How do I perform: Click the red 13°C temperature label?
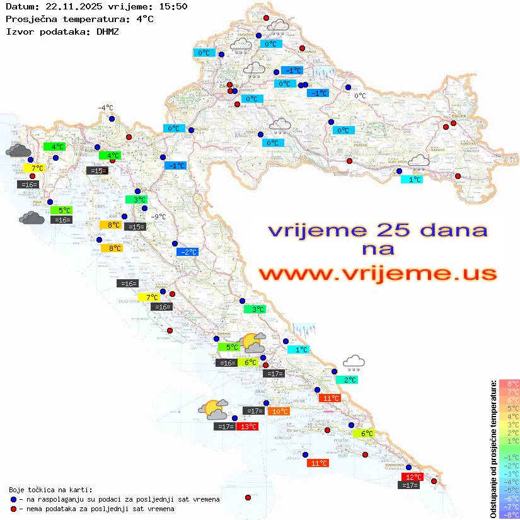(x=248, y=427)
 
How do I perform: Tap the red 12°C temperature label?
(x=413, y=477)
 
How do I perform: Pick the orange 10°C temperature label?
(x=279, y=412)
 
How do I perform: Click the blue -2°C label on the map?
(x=188, y=252)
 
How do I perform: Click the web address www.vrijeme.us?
(x=378, y=274)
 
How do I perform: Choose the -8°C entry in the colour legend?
(x=509, y=514)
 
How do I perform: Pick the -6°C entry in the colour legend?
(x=509, y=498)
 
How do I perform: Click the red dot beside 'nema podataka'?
(x=13, y=508)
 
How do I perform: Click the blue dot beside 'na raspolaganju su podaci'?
(x=13, y=499)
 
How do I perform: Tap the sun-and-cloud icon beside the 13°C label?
(x=213, y=410)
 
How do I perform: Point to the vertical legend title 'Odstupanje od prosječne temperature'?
(x=493, y=448)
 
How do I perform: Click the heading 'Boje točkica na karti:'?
(x=50, y=490)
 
